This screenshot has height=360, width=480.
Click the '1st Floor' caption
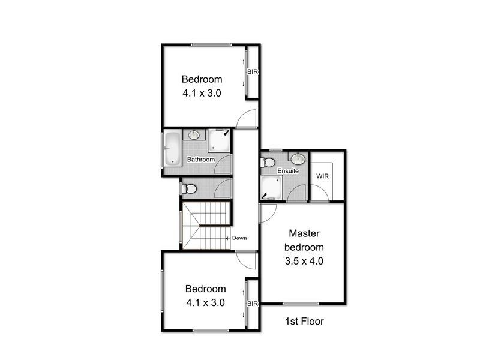pos(304,322)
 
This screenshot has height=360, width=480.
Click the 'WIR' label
pos(322,176)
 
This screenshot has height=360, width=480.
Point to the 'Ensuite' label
pos(287,172)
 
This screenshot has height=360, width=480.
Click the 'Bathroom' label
pos(200,160)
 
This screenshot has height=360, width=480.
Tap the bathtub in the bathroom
pos(172,148)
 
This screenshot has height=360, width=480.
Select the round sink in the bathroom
pos(195,136)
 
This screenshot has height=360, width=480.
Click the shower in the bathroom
pos(219,142)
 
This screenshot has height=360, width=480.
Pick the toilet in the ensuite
pos(268,162)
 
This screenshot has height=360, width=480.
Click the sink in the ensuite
pos(298,158)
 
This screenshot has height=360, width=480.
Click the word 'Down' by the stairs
pos(239,238)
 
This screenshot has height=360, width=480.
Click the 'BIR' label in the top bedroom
pos(253,72)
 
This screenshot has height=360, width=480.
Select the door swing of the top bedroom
pos(246,120)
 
